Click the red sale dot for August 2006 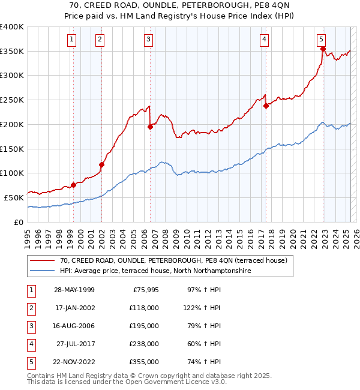pyautogui.click(x=150, y=127)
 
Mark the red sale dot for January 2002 pyautogui.click(x=101, y=164)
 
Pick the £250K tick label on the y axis pyautogui.click(x=12, y=100)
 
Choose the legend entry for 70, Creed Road pyautogui.click(x=174, y=260)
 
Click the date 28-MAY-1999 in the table pyautogui.click(x=74, y=290)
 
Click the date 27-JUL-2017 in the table pyautogui.click(x=74, y=344)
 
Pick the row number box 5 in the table pyautogui.click(x=29, y=362)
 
